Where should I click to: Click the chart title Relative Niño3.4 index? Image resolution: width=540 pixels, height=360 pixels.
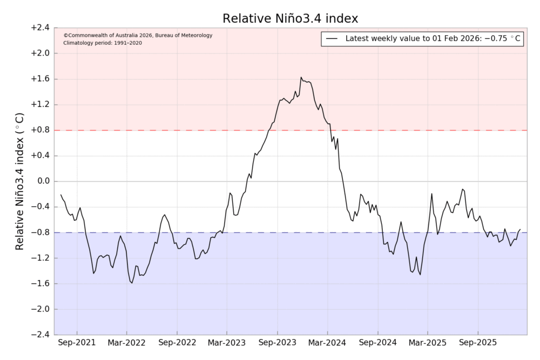291,19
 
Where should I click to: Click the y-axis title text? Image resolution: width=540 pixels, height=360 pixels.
20,181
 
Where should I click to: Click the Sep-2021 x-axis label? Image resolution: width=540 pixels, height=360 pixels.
77,343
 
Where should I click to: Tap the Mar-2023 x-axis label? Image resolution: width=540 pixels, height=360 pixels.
227,343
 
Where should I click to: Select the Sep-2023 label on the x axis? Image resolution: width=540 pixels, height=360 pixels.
278,343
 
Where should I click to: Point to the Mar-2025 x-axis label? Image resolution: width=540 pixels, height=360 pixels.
428,343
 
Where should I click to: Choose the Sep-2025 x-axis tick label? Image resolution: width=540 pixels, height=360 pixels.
478,343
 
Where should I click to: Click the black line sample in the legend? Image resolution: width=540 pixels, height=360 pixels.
332,39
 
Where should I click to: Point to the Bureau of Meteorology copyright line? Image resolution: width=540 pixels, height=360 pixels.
138,36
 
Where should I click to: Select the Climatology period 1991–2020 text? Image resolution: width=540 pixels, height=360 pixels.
103,43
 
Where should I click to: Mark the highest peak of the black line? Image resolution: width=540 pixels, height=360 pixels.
301,77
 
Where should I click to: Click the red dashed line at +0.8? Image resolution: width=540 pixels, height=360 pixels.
162,130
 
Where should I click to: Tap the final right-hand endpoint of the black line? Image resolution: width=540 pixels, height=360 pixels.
521,229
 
